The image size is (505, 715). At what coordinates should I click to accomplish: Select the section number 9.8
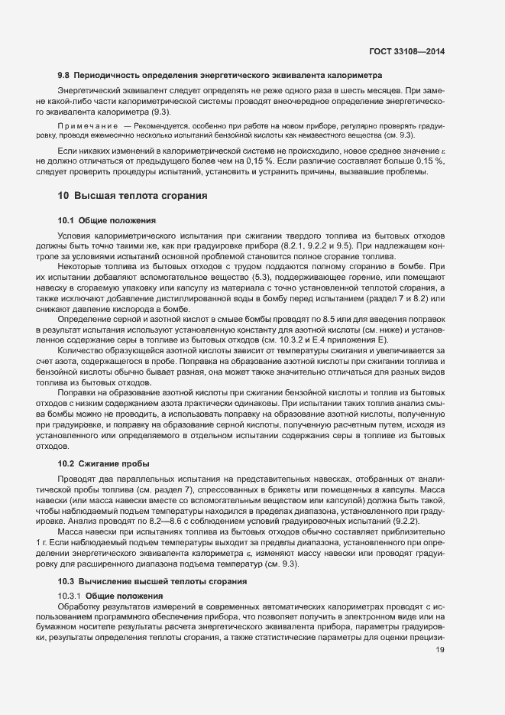(64, 75)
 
